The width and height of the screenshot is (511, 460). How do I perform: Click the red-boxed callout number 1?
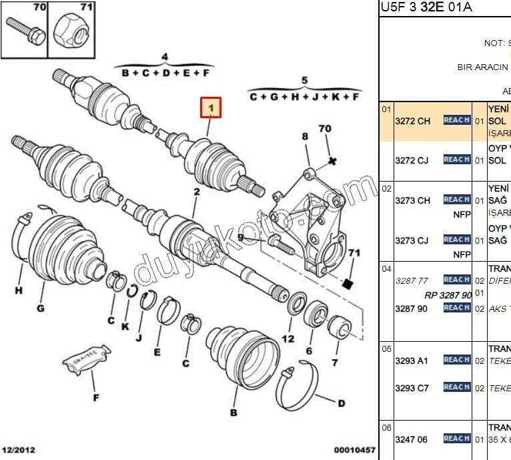(x=211, y=107)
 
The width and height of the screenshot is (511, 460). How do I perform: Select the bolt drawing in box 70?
(x=25, y=32)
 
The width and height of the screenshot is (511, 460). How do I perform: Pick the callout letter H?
(x=19, y=290)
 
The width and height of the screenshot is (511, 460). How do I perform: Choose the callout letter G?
(x=41, y=308)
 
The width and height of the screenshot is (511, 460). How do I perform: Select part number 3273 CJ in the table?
(x=412, y=240)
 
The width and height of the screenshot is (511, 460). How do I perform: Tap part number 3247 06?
(x=412, y=439)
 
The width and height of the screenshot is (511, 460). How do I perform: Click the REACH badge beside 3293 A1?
(x=456, y=360)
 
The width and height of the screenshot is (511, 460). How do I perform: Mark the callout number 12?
(x=288, y=338)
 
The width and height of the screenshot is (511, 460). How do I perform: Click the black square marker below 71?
(x=346, y=284)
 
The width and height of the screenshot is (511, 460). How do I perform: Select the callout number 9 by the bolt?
(x=240, y=237)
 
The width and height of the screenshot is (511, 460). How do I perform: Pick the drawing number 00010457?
(x=354, y=451)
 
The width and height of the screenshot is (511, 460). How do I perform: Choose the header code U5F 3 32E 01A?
(x=426, y=7)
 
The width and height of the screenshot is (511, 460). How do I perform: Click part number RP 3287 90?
(x=448, y=294)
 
